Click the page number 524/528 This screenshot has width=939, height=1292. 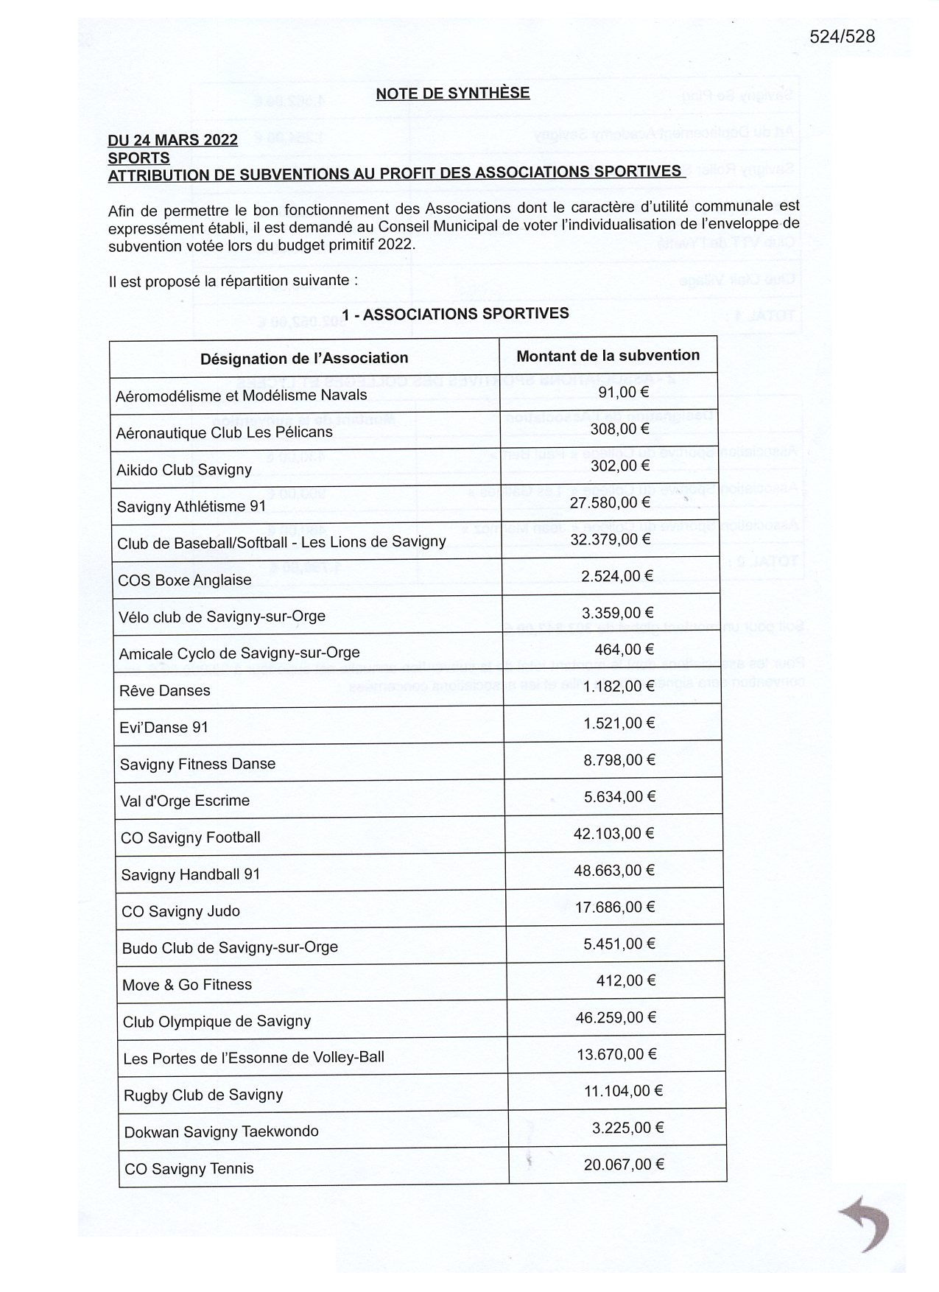(842, 36)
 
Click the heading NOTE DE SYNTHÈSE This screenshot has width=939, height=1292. (452, 93)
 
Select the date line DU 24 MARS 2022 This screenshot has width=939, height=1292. (172, 140)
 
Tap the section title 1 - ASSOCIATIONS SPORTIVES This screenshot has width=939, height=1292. (455, 314)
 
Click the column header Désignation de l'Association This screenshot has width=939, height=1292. (304, 358)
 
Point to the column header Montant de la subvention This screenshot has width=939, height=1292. (608, 356)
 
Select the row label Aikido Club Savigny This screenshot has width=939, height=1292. (184, 469)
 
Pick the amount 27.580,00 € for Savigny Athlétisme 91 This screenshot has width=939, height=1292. (611, 502)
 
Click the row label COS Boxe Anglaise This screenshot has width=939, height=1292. (184, 580)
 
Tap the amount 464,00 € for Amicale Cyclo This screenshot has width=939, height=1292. (624, 649)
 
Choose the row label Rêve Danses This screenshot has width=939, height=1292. (164, 690)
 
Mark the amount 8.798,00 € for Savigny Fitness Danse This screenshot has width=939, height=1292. (619, 759)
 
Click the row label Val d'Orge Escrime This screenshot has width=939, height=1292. (185, 801)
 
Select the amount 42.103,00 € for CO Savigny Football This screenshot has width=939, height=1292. (614, 833)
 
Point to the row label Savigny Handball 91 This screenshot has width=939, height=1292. (191, 874)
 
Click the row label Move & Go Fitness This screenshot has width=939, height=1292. (187, 985)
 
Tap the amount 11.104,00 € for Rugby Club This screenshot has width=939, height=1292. (623, 1091)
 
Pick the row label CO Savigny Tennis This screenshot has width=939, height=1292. (189, 1168)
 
